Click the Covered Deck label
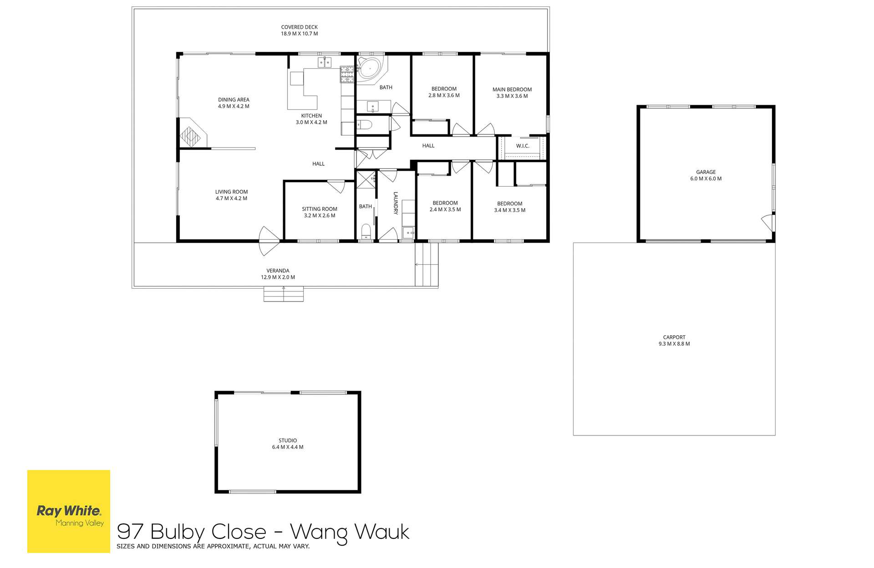click(299, 27)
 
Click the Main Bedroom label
click(512, 90)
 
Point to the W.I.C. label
click(523, 146)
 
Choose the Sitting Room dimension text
click(320, 216)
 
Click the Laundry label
click(396, 203)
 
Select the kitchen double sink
click(325, 63)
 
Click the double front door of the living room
click(269, 241)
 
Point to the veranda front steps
click(284, 294)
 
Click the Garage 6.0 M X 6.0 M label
click(706, 175)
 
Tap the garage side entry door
click(768, 222)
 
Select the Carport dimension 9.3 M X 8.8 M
click(674, 344)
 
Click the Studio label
click(288, 440)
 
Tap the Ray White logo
click(69, 511)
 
